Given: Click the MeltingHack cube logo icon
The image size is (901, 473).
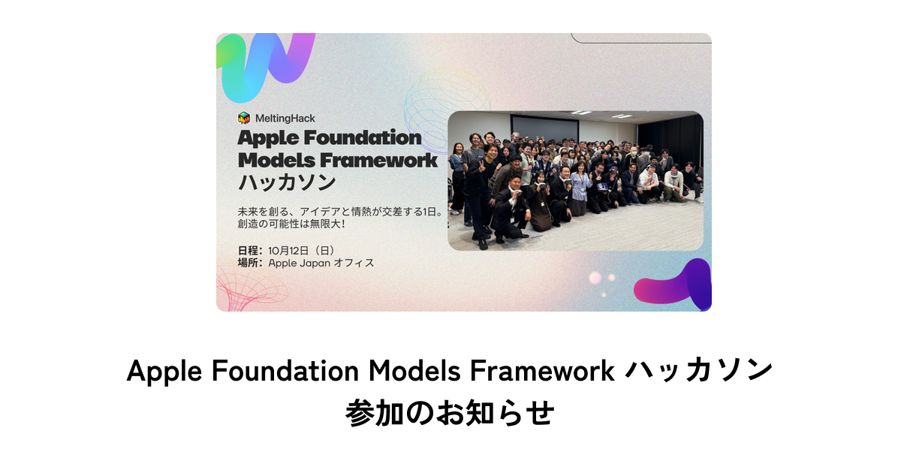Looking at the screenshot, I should tap(243, 118).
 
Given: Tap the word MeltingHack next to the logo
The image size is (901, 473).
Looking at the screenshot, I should tap(285, 118).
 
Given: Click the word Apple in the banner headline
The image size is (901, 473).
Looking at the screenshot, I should tap(268, 139).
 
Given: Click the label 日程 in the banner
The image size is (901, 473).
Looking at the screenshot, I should tap(249, 250).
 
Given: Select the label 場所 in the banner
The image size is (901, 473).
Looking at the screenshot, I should tap(249, 263).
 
